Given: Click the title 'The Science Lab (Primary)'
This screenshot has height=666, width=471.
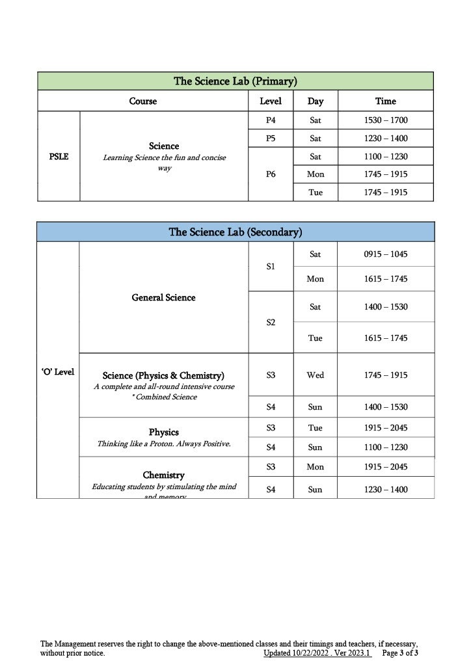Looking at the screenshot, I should pos(235,81).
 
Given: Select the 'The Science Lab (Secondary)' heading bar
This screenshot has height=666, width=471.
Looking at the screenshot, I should pos(235,232).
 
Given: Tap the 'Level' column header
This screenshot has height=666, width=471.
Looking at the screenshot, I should pos(271,101).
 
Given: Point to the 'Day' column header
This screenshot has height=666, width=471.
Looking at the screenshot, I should pos(316,101).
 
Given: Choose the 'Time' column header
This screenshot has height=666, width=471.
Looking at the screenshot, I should pos(385,101).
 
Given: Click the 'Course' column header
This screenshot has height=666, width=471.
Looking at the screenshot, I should pos(143,101).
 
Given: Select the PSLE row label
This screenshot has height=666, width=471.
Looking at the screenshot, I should pos(59,157).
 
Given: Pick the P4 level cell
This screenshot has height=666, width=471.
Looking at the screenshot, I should pos(271,120).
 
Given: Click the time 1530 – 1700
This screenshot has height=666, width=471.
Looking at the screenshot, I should pos(385,120).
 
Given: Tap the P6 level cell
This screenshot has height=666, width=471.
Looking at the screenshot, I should pos(271,174).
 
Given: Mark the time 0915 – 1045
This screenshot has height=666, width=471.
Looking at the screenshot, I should pos(385,254).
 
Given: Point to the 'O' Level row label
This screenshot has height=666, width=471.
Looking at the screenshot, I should pos(58,372).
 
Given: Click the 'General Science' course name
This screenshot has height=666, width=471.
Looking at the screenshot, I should pos(163,298).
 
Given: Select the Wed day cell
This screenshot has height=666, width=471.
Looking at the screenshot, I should pos(316,375).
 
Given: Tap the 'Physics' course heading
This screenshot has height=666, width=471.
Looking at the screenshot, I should pos(163,433).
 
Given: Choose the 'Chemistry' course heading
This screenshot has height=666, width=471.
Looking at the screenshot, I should pos(163,475).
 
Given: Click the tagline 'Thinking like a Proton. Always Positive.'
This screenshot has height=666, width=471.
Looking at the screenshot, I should pos(163,444).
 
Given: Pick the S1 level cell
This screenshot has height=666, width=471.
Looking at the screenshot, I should pos(271,267).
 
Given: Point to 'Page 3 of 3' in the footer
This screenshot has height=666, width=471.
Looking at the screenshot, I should pos(400,653).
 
